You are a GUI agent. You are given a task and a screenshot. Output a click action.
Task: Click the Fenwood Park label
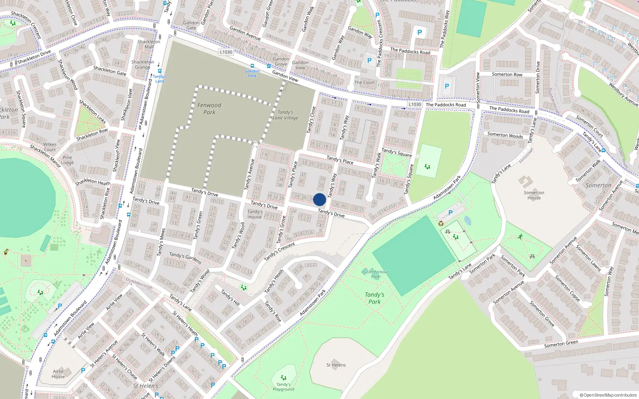click(209, 109)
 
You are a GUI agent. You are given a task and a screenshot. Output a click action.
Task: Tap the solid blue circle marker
click(319, 199)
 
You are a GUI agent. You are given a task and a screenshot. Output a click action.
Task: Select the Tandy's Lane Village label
click(285, 115)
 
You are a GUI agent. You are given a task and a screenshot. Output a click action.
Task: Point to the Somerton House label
click(534, 195)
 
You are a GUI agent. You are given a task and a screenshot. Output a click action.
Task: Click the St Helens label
click(336, 365)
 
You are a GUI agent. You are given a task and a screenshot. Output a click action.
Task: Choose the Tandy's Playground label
click(284, 387)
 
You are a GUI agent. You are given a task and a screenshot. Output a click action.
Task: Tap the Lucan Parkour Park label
click(375, 274)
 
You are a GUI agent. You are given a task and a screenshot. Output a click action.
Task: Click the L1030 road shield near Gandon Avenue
click(226, 52)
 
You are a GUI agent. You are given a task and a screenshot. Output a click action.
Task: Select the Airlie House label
click(58, 374)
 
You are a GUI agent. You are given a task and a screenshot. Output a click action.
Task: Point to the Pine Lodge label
click(67, 160)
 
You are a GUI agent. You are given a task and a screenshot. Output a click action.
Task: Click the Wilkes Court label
click(50, 147)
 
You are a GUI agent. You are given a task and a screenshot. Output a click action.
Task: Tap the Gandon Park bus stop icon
click(252, 66)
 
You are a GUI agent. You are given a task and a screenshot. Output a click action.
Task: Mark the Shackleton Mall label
click(149, 44)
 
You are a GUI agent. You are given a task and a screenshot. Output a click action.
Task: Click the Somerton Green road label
click(561, 344)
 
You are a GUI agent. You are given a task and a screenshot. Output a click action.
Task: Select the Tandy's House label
click(255, 214)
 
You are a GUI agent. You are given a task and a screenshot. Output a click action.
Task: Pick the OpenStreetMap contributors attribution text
click(608, 395)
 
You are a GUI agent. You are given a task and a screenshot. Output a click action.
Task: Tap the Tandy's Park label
click(375, 298)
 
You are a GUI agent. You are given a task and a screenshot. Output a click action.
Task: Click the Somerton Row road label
click(507, 74)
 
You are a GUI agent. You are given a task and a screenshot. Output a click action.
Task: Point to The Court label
click(365, 83)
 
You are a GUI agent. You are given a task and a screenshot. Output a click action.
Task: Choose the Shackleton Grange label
click(143, 65)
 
